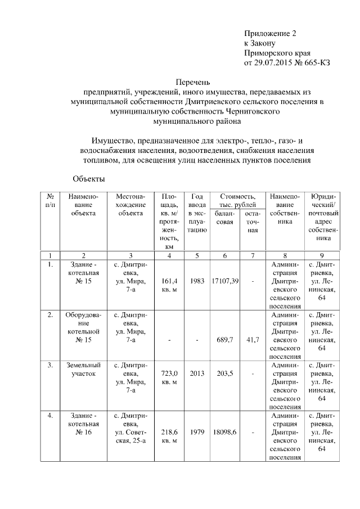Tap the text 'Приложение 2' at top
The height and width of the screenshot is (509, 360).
click(x=269, y=34)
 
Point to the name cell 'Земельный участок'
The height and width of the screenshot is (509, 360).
click(x=84, y=369)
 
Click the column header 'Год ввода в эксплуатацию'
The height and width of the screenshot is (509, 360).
click(x=197, y=213)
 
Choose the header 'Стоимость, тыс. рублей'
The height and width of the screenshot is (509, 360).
click(x=237, y=200)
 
